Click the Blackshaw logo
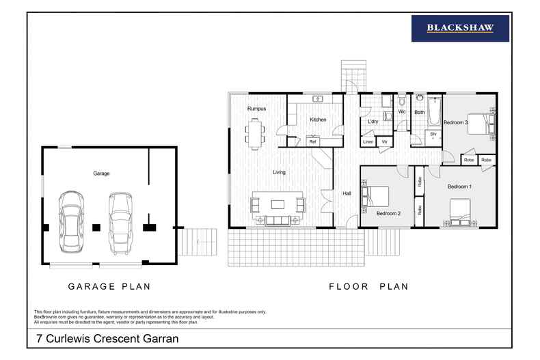(x=459, y=29)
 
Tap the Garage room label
(x=101, y=174)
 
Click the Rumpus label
(x=256, y=109)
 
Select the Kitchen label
(x=318, y=120)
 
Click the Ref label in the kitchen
(x=312, y=141)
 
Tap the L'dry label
(x=373, y=122)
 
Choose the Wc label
(x=402, y=111)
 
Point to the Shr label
(x=433, y=135)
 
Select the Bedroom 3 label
(x=455, y=122)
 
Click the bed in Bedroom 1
(x=459, y=211)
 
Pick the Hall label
(x=347, y=194)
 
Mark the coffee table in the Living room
(x=278, y=204)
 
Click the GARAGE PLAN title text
(x=109, y=287)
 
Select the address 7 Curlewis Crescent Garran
(x=107, y=338)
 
